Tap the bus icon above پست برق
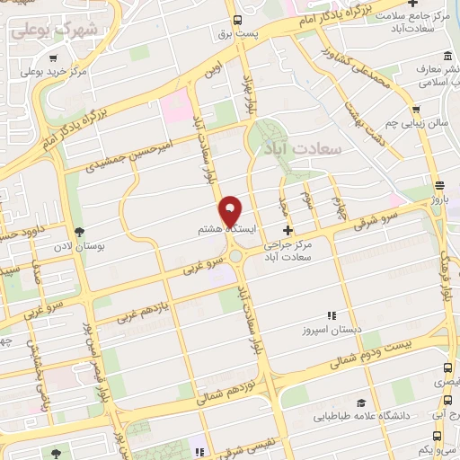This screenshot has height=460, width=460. [x=237, y=19]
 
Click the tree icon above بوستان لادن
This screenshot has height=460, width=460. [x=79, y=232]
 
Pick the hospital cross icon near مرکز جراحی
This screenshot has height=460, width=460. [x=287, y=229]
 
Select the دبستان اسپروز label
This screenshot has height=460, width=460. [x=334, y=330]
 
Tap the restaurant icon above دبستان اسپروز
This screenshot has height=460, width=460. [x=332, y=315]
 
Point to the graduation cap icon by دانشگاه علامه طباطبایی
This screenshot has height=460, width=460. [x=360, y=403]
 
